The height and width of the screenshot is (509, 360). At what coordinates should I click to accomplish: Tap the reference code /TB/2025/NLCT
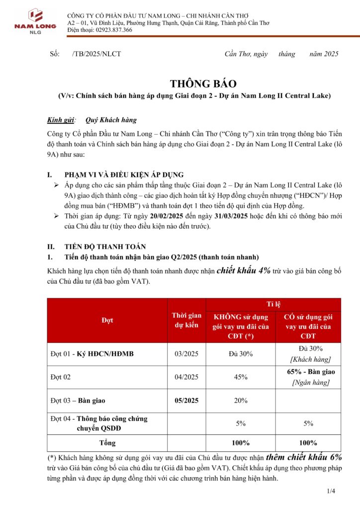pyautogui.click(x=96, y=54)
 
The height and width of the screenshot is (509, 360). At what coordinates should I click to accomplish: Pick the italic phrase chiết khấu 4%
pyautogui.click(x=244, y=270)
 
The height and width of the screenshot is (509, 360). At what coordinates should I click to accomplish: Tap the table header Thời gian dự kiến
pyautogui.click(x=186, y=321)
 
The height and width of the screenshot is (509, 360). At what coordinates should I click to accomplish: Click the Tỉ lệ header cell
pyautogui.click(x=273, y=304)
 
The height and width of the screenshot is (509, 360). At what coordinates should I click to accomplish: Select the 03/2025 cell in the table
pyautogui.click(x=186, y=354)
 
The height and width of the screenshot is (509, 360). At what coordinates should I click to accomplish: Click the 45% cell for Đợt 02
pyautogui.click(x=241, y=377)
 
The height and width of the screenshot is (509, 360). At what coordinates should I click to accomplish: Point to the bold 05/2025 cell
pyautogui.click(x=186, y=400)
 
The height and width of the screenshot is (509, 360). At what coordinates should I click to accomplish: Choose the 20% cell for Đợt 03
pyautogui.click(x=241, y=400)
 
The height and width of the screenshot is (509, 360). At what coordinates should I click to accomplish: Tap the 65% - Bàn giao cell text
pyautogui.click(x=308, y=372)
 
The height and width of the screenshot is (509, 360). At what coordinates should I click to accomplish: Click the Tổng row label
pyautogui.click(x=107, y=442)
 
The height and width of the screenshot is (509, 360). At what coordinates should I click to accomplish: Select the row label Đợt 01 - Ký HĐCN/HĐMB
pyautogui.click(x=92, y=354)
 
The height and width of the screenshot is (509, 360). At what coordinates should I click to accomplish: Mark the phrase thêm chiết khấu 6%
pyautogui.click(x=304, y=457)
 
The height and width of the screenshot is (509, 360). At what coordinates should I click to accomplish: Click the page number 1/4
pyautogui.click(x=331, y=492)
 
